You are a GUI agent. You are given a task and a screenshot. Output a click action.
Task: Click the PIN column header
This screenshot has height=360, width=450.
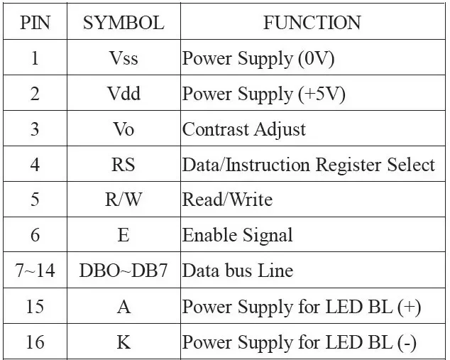pyautogui.click(x=35, y=23)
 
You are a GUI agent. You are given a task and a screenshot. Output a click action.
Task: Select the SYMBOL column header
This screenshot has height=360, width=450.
pyautogui.click(x=124, y=23)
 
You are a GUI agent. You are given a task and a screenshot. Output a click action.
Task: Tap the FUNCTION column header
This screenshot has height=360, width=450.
pyautogui.click(x=312, y=23)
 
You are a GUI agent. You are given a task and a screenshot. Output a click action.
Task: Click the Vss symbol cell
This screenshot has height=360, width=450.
pyautogui.click(x=124, y=58)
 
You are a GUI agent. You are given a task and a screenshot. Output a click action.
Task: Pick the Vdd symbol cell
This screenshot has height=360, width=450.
pyautogui.click(x=124, y=93)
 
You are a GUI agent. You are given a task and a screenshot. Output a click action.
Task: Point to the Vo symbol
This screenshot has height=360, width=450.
pyautogui.click(x=124, y=129)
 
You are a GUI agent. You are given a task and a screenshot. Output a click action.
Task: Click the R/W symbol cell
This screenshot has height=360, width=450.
pyautogui.click(x=124, y=200)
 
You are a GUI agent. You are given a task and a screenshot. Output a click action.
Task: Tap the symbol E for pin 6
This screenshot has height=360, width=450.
pyautogui.click(x=124, y=235)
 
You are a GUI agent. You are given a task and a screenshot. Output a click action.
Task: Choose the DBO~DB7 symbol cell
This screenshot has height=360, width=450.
pyautogui.click(x=124, y=271)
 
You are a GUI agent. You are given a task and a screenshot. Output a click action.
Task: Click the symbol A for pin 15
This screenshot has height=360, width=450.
pyautogui.click(x=124, y=306)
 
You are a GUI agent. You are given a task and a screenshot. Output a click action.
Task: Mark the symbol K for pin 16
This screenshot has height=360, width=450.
pyautogui.click(x=124, y=342)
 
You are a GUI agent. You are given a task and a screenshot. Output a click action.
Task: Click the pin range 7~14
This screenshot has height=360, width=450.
pyautogui.click(x=35, y=271)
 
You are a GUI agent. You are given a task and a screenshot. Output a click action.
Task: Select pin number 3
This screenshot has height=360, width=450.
pyautogui.click(x=35, y=129)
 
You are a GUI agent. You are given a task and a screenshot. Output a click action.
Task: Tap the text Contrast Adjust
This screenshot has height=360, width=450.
pyautogui.click(x=244, y=129)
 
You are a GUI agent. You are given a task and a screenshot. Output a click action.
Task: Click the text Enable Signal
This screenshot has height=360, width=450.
pyautogui.click(x=238, y=236)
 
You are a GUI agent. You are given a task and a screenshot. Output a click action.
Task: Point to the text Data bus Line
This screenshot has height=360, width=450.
pyautogui.click(x=238, y=271)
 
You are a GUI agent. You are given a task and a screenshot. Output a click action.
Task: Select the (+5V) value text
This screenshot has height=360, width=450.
pyautogui.click(x=322, y=94)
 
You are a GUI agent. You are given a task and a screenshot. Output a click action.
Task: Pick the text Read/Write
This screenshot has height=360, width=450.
pyautogui.click(x=227, y=200)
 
